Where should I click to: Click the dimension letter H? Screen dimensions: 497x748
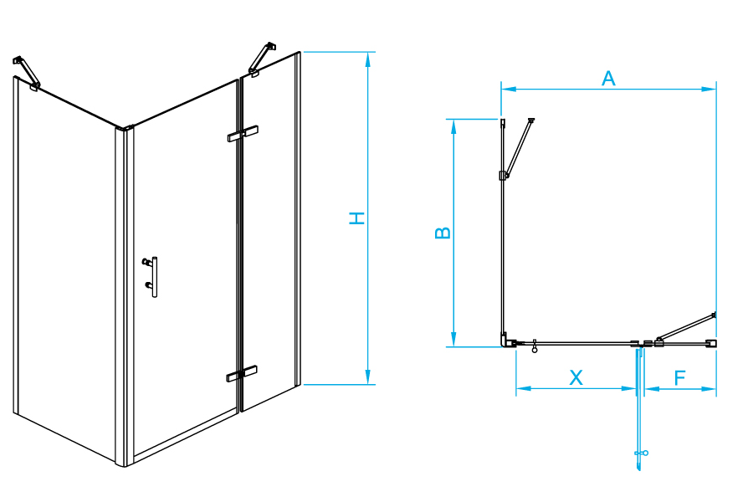[357, 218]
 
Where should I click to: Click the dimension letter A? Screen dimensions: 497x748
[608, 79]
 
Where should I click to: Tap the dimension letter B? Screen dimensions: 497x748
[443, 232]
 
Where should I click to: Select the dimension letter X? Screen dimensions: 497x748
[576, 377]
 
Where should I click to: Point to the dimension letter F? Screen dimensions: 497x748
[679, 377]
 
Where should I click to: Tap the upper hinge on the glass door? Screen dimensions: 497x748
[242, 134]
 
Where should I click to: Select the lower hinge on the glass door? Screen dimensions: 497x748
[242, 374]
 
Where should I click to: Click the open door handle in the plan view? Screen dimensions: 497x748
[641, 453]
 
